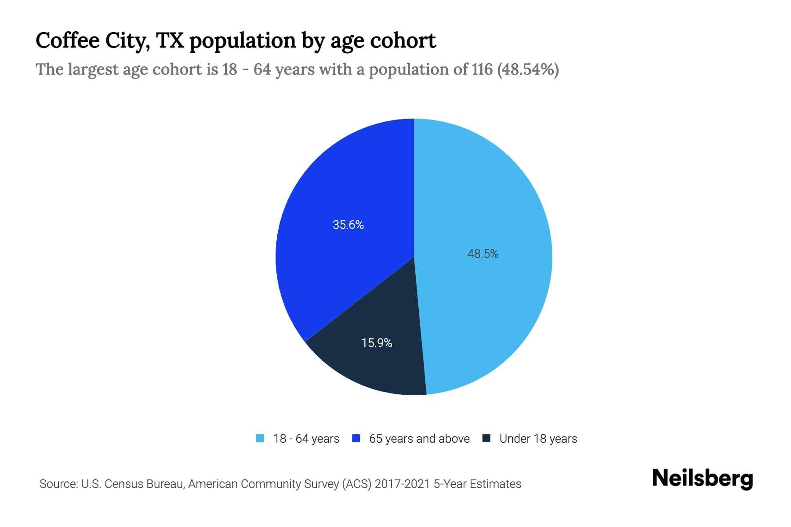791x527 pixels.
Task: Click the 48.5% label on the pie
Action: coord(483,254)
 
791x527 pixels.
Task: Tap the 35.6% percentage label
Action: coord(348,225)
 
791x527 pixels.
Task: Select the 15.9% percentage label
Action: coord(377,343)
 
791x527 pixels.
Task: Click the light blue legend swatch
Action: coord(260,438)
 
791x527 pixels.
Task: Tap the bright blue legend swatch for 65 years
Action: coord(356,438)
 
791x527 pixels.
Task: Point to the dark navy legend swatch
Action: coord(486,438)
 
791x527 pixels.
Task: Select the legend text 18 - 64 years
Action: coord(306,439)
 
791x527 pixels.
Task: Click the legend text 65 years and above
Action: coord(419,439)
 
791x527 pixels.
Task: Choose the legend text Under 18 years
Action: coord(538,439)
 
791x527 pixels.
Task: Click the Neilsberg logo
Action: coord(703,479)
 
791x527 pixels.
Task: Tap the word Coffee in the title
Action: coord(67,40)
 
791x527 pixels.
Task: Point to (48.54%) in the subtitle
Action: coord(528,69)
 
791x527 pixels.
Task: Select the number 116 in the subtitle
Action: coord(482,69)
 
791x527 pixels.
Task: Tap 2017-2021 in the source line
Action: coord(402,484)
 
